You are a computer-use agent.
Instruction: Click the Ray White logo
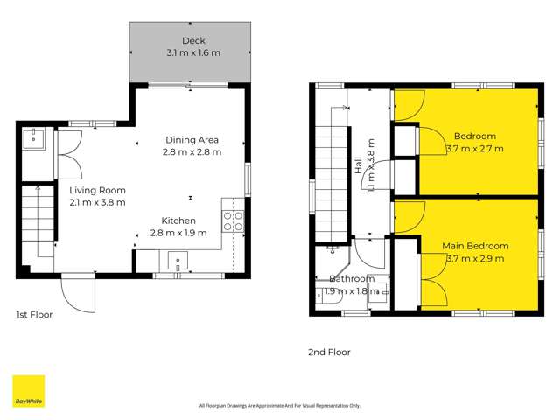click(28, 391)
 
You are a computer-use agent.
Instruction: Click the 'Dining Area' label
click(192, 140)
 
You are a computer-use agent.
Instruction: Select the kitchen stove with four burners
click(233, 220)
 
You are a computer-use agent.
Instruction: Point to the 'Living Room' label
click(98, 190)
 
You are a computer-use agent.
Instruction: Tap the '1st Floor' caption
click(35, 314)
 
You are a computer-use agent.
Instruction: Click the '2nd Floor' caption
click(329, 353)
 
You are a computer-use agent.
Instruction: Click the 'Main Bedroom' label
click(475, 246)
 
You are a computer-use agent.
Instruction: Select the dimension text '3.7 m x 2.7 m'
click(475, 149)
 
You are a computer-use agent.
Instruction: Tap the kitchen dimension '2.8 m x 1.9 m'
click(178, 233)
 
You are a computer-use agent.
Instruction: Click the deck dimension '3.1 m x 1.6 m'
click(192, 53)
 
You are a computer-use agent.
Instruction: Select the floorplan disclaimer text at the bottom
click(279, 405)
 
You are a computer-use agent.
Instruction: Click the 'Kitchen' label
click(178, 220)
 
